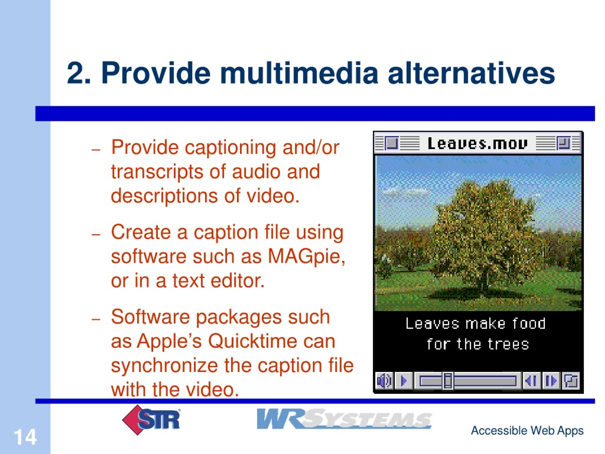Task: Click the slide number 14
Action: coord(25,437)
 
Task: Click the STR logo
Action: coord(151,420)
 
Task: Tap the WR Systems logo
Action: coord(344,419)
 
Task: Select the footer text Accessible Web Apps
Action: coord(527,430)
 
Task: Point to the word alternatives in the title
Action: coord(471,73)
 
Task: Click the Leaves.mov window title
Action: coord(477,143)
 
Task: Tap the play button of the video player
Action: coord(404,381)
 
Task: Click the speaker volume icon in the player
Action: coord(384,381)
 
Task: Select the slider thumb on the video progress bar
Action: coord(448,381)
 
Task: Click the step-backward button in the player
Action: coord(532,381)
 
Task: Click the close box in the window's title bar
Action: coord(392,143)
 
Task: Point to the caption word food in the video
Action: coord(529,323)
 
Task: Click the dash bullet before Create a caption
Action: coord(96,235)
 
